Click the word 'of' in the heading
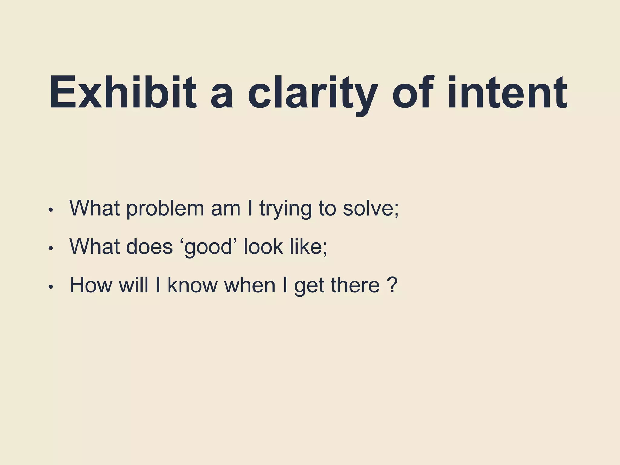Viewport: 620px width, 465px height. coord(412,92)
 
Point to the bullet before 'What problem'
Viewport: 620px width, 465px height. coord(51,210)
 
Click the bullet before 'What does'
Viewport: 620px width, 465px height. coord(51,248)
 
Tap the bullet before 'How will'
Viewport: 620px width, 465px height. coord(51,287)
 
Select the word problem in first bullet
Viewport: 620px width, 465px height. coord(165,209)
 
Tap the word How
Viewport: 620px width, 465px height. coord(91,285)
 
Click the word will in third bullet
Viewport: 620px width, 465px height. coord(134,285)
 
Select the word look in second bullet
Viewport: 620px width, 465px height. coord(263,247)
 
